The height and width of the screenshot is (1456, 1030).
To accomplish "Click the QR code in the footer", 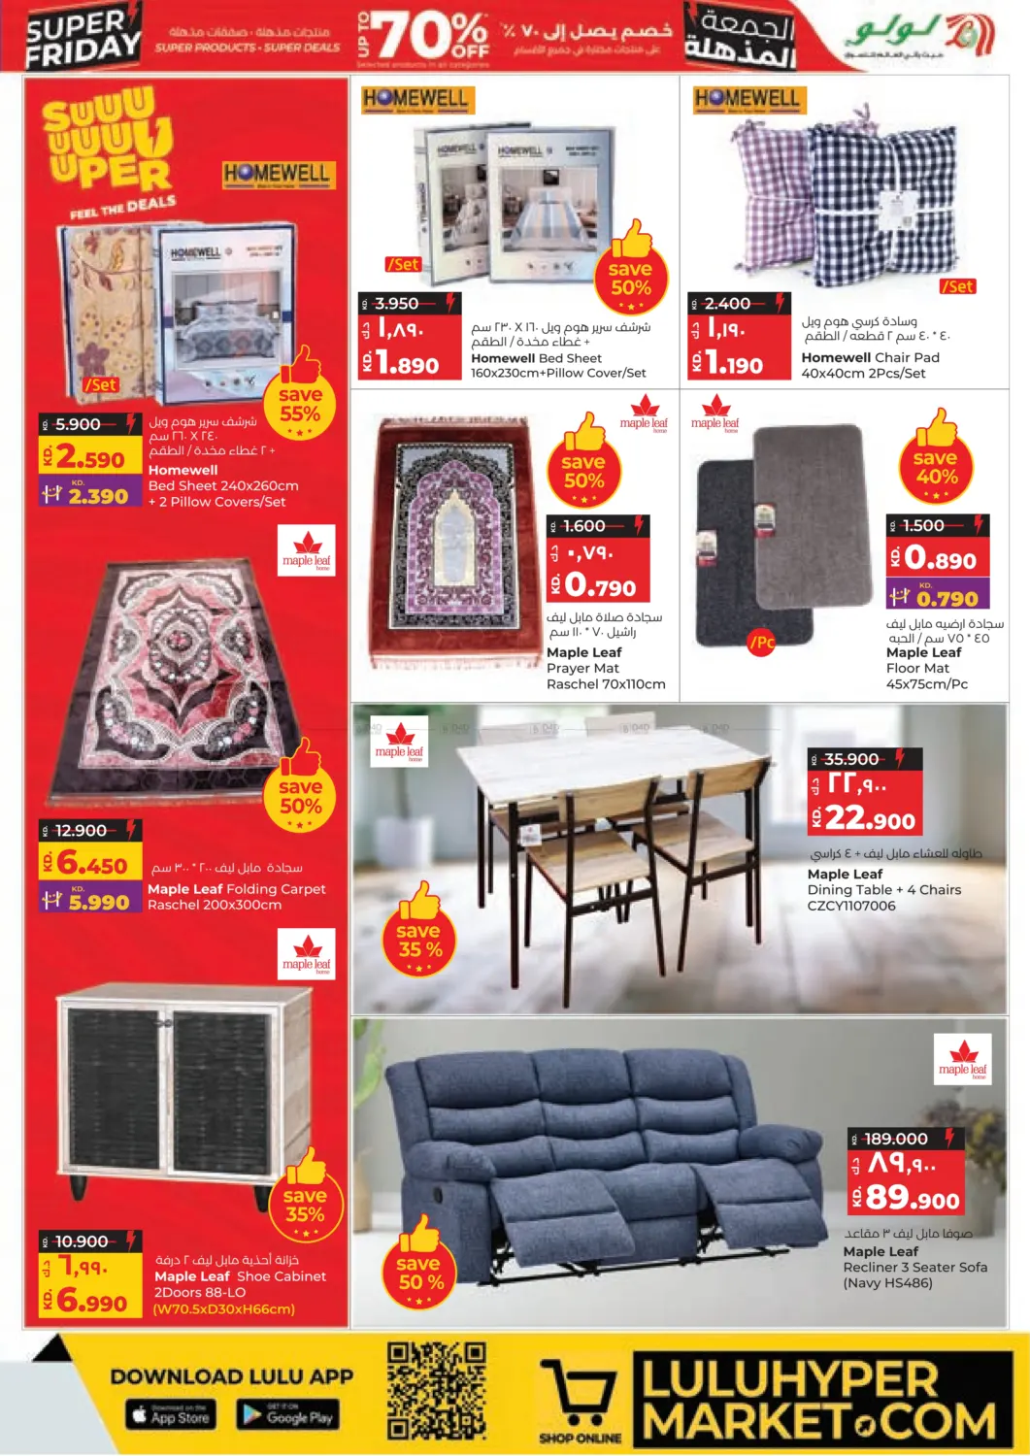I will [436, 1390].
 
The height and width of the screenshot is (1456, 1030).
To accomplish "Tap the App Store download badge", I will [171, 1415].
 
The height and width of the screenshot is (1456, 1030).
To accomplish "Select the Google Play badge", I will [287, 1415].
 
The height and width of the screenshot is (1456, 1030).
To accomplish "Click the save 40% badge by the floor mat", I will [936, 468].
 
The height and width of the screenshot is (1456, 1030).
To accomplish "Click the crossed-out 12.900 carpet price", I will [82, 831].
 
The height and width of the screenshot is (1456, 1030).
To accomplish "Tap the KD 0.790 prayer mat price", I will [601, 585].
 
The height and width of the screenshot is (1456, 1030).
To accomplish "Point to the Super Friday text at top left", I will [83, 37].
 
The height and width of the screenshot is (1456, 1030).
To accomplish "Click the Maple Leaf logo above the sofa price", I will [963, 1058].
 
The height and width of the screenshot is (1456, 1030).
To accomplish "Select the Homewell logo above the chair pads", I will [747, 98].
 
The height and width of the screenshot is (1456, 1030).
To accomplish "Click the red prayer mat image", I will [454, 542].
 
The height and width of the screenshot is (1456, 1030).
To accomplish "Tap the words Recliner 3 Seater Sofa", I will [915, 1267].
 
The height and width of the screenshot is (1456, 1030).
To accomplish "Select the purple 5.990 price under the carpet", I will [98, 902].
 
